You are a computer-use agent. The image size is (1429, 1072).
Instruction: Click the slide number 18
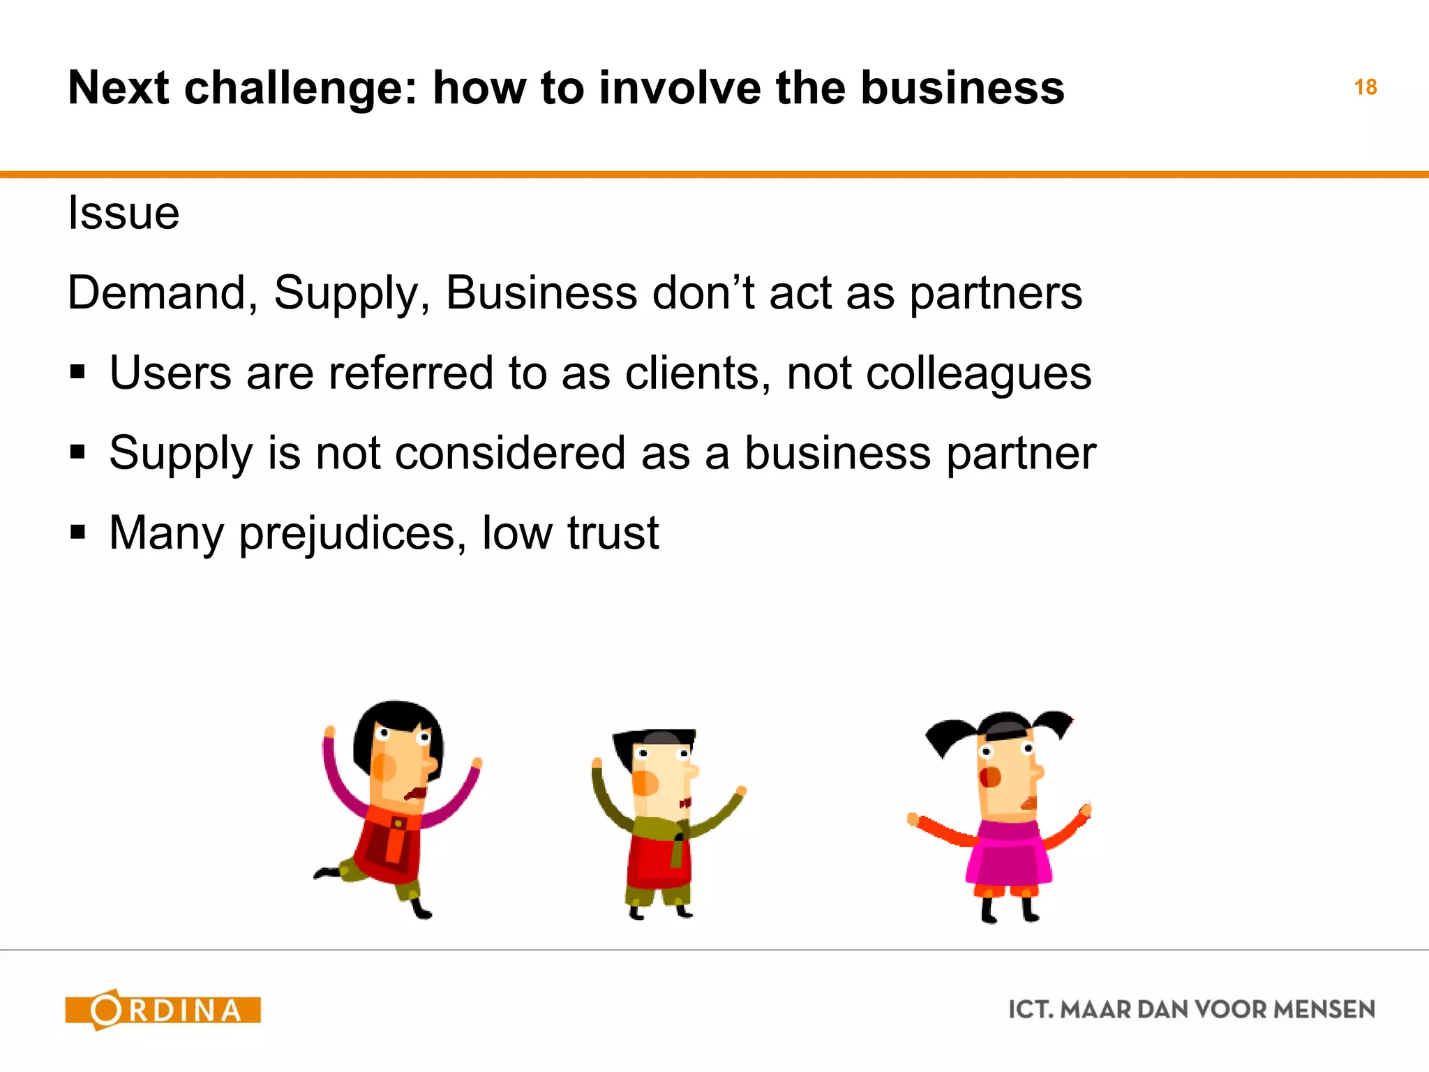coord(1365,87)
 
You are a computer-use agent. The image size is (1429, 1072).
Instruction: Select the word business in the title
coord(962,89)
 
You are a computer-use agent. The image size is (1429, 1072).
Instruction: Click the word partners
coord(996,294)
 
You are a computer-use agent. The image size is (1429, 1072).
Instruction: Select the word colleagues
coord(978,374)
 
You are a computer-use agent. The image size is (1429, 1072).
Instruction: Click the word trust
coord(613,533)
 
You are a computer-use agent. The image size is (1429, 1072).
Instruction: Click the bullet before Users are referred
coord(77,372)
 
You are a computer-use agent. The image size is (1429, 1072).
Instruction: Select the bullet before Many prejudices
coord(77,533)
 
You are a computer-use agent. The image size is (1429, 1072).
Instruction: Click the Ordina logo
coord(163,1009)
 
